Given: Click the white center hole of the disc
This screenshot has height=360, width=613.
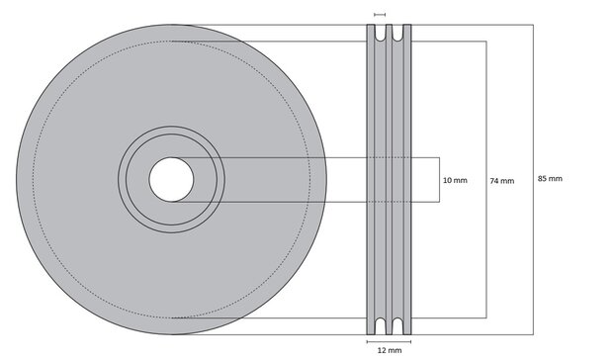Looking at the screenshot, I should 171,180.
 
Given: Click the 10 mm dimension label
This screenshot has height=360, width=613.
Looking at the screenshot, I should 456,181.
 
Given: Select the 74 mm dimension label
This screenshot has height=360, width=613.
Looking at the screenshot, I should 502,181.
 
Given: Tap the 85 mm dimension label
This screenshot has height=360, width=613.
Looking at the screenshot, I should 550,179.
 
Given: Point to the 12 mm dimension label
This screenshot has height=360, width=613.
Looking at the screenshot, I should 390,350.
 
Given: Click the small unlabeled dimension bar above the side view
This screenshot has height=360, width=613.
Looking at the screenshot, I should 380,15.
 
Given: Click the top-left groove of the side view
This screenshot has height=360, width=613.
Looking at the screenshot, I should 380,34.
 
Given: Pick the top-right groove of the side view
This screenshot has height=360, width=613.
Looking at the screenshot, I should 398,34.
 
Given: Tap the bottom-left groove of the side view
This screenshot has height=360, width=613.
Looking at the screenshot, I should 380,325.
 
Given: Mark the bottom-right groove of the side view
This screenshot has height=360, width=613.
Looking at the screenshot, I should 398,325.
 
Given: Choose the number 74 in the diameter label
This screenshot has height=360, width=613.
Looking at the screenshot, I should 495,181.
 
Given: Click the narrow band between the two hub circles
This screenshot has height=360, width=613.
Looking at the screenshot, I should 171,132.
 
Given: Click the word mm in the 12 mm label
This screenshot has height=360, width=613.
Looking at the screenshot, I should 395,350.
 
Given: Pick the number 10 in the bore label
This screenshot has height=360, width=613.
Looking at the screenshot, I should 449,181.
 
